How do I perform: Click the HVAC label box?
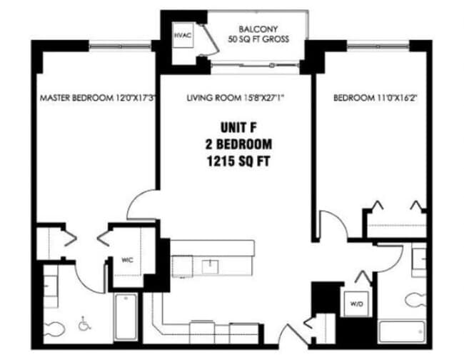pyautogui.click(x=183, y=35)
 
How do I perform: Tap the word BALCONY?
pyautogui.click(x=258, y=29)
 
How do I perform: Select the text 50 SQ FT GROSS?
pyautogui.click(x=258, y=39)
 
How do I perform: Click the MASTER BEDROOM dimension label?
pyautogui.click(x=98, y=98)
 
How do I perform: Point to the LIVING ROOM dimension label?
pyautogui.click(x=236, y=98)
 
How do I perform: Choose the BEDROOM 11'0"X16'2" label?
pyautogui.click(x=375, y=98)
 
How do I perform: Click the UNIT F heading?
pyautogui.click(x=238, y=128)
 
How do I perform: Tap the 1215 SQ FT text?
pyautogui.click(x=238, y=161)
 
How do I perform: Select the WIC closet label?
pyautogui.click(x=127, y=260)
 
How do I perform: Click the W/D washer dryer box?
pyautogui.click(x=356, y=304)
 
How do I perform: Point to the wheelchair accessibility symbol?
pyautogui.click(x=85, y=324)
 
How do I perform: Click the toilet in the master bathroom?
pyautogui.click(x=54, y=329)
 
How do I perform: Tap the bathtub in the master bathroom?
pyautogui.click(x=126, y=316)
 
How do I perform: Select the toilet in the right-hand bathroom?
pyautogui.click(x=415, y=301)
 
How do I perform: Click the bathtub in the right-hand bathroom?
pyautogui.click(x=402, y=331)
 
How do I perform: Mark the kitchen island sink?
pyautogui.click(x=210, y=266)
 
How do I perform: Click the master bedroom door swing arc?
pyautogui.click(x=135, y=199)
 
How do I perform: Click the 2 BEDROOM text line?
pyautogui.click(x=238, y=144)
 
